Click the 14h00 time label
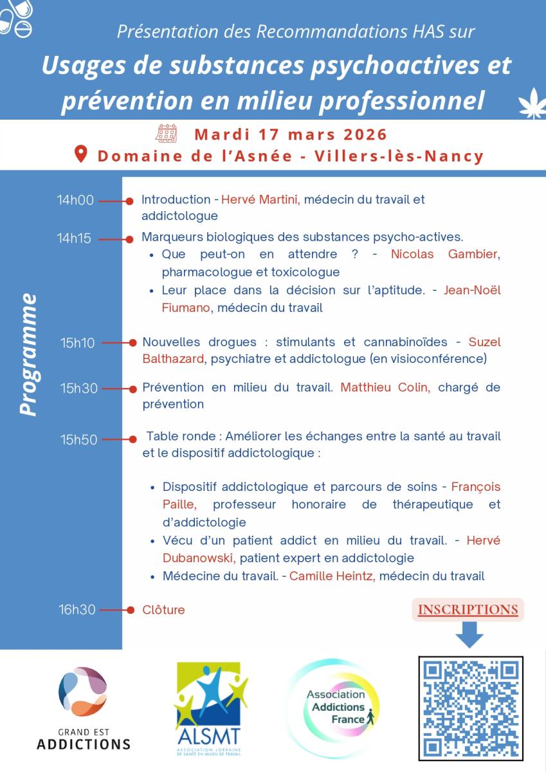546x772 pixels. coord(75,200)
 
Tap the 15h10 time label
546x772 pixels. coord(78,343)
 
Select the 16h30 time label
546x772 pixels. coord(77,610)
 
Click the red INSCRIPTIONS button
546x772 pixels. coord(468,610)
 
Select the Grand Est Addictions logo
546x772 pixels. coord(83,708)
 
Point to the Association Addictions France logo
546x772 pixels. coord(335,706)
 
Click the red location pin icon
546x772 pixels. coord(81,154)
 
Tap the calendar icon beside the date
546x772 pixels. coord(166,134)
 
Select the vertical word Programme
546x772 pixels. coord(28,354)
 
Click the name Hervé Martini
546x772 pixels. coord(260,200)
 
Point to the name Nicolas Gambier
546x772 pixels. coord(444,254)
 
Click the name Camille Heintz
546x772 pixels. coord(331,576)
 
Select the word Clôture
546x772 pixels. coord(163,610)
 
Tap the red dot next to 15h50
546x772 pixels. coord(132,439)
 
